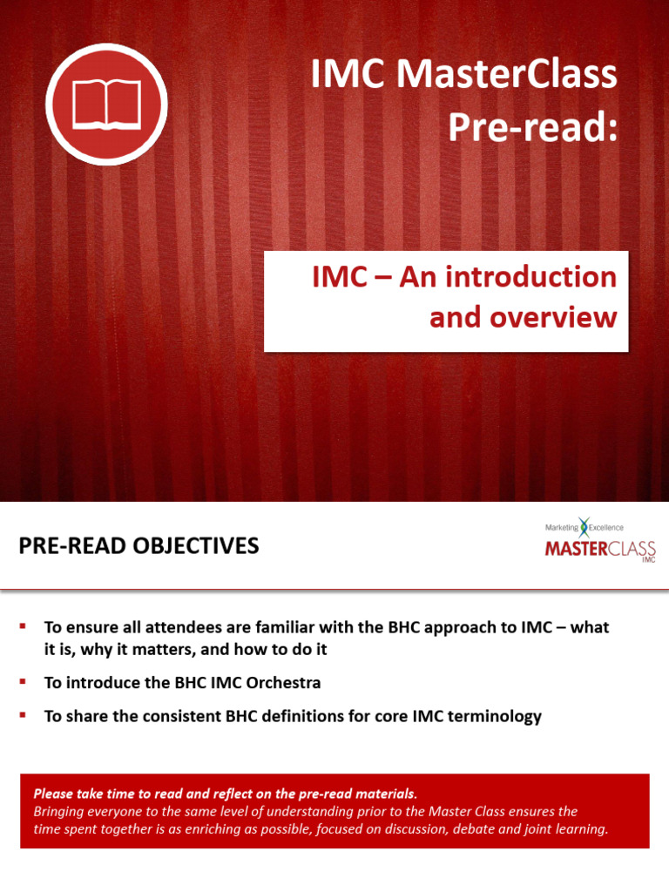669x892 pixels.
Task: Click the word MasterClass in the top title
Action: click(x=506, y=76)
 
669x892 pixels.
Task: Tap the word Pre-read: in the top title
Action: click(x=532, y=128)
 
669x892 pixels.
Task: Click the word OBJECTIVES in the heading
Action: click(x=197, y=546)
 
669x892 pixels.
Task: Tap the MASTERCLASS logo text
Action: click(x=599, y=549)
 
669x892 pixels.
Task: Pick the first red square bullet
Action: click(x=24, y=626)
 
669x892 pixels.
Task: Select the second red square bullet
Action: click(x=24, y=682)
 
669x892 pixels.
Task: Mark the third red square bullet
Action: click(x=24, y=715)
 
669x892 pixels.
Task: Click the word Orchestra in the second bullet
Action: click(x=286, y=683)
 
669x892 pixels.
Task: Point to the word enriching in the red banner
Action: click(x=192, y=828)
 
